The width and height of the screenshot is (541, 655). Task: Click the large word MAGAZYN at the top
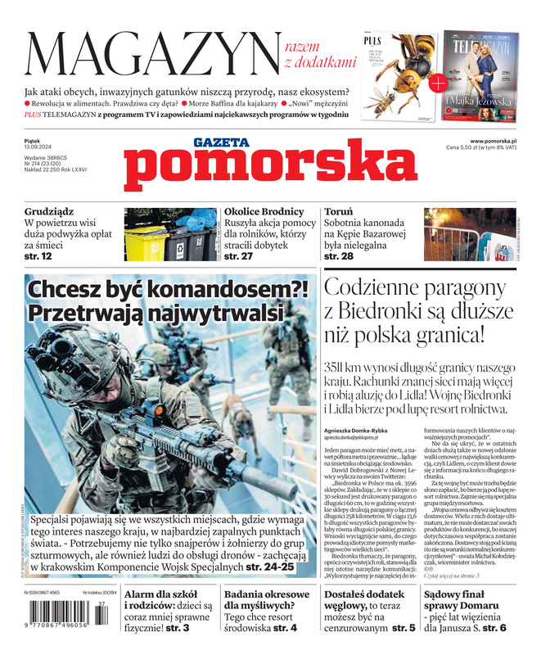point(151,53)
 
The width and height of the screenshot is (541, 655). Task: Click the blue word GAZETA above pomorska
point(221,142)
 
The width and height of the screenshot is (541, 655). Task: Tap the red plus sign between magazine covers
point(438,82)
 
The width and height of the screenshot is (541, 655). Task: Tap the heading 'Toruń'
point(338,212)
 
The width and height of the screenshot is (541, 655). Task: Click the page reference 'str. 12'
point(38,256)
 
